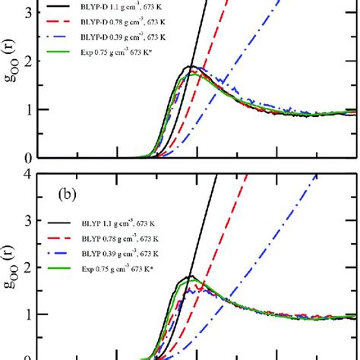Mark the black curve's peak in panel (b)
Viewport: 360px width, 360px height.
coord(192,276)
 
